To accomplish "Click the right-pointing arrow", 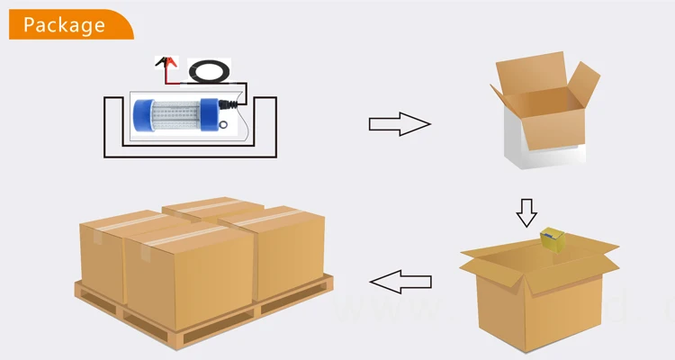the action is pyautogui.click(x=400, y=124).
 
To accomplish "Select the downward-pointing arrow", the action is pyautogui.click(x=526, y=212).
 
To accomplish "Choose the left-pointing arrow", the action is pyautogui.click(x=400, y=283).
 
